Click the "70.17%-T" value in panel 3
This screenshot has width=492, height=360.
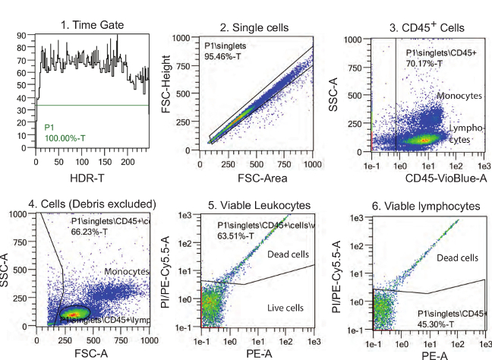click(430, 63)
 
